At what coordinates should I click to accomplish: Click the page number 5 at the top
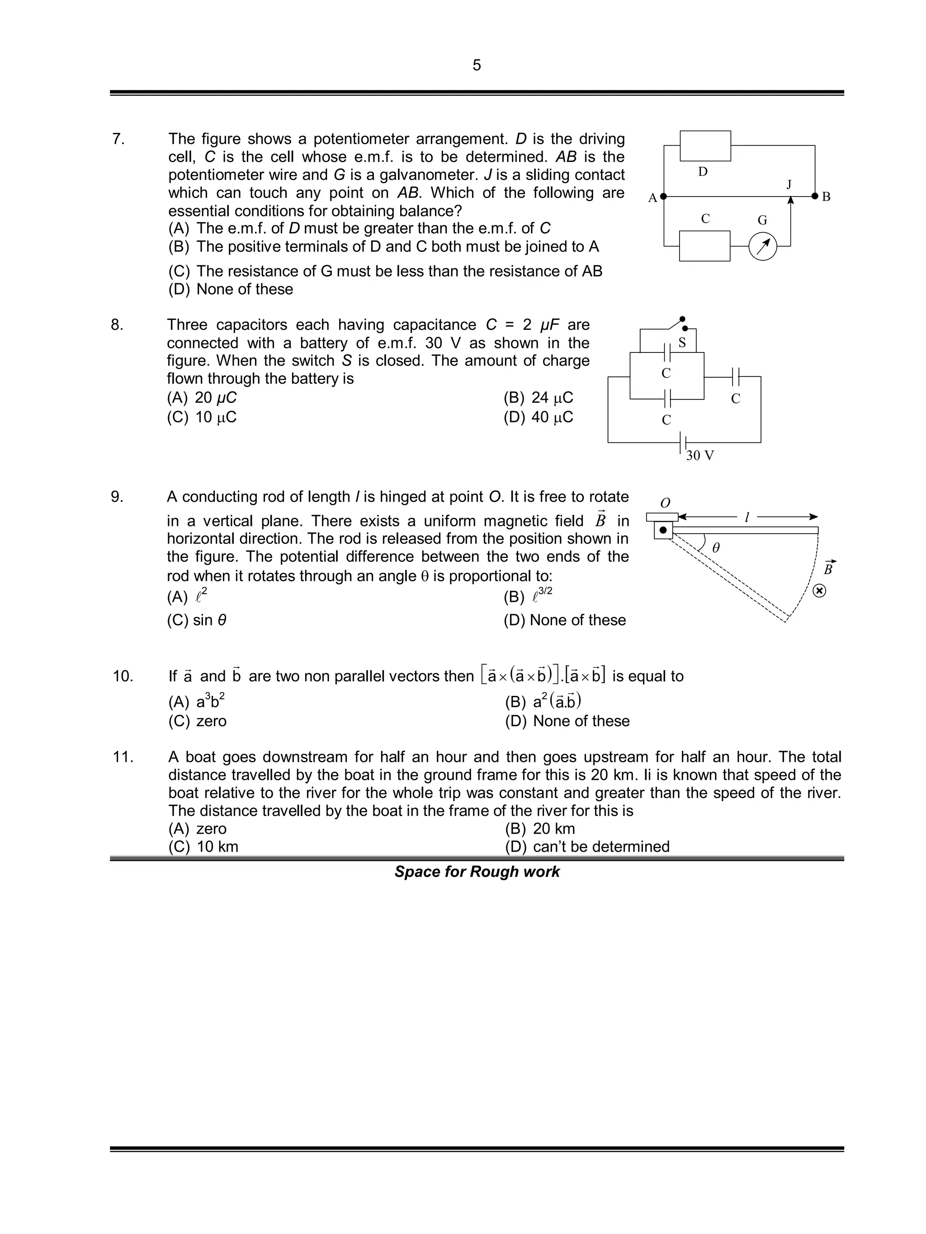point(476,65)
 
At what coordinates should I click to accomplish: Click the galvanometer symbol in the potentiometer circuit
point(762,246)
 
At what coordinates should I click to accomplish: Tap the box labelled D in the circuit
point(705,146)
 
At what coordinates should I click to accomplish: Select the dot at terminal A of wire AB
point(663,197)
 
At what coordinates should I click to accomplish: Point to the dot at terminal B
point(815,197)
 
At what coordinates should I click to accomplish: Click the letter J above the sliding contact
point(789,184)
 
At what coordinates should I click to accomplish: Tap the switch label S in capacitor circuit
point(681,343)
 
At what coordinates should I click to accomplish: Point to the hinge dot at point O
point(663,530)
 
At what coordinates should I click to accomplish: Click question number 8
point(117,325)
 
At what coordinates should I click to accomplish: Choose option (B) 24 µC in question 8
point(538,398)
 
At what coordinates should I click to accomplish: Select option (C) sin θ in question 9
point(197,620)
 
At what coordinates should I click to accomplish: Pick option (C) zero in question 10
point(198,721)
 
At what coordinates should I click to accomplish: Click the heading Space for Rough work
point(477,872)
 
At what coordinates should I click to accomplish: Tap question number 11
point(123,757)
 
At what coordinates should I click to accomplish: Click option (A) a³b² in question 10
point(197,701)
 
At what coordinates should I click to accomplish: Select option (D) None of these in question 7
point(231,289)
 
